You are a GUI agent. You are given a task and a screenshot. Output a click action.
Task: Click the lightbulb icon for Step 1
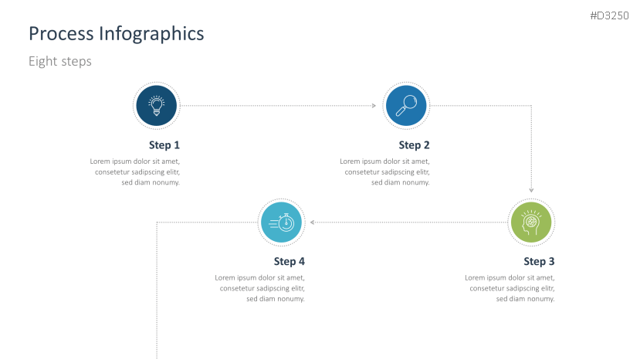156,105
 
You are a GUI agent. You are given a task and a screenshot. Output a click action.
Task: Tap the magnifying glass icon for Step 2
406,105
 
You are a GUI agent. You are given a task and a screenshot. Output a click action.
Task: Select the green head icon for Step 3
531,222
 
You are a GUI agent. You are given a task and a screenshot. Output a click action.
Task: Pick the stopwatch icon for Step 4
281,222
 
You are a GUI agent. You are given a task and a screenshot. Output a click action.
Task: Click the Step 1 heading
164,145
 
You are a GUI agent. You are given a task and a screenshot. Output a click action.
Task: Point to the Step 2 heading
414,145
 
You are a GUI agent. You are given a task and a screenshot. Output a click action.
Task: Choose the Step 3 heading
539,262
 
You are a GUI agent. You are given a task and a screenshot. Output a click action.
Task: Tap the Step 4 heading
289,262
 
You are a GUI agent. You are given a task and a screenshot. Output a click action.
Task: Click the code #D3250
609,15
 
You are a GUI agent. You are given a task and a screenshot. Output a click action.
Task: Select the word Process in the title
61,33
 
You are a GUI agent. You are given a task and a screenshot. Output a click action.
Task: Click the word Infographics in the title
151,34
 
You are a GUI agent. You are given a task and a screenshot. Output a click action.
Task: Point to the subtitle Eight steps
60,61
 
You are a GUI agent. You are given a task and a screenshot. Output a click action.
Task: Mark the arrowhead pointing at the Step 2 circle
374,105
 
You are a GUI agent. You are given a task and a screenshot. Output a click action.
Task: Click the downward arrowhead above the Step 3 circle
531,190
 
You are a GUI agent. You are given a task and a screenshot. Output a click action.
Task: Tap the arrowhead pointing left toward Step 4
312,222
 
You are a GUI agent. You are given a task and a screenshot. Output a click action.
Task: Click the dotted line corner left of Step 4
157,222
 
